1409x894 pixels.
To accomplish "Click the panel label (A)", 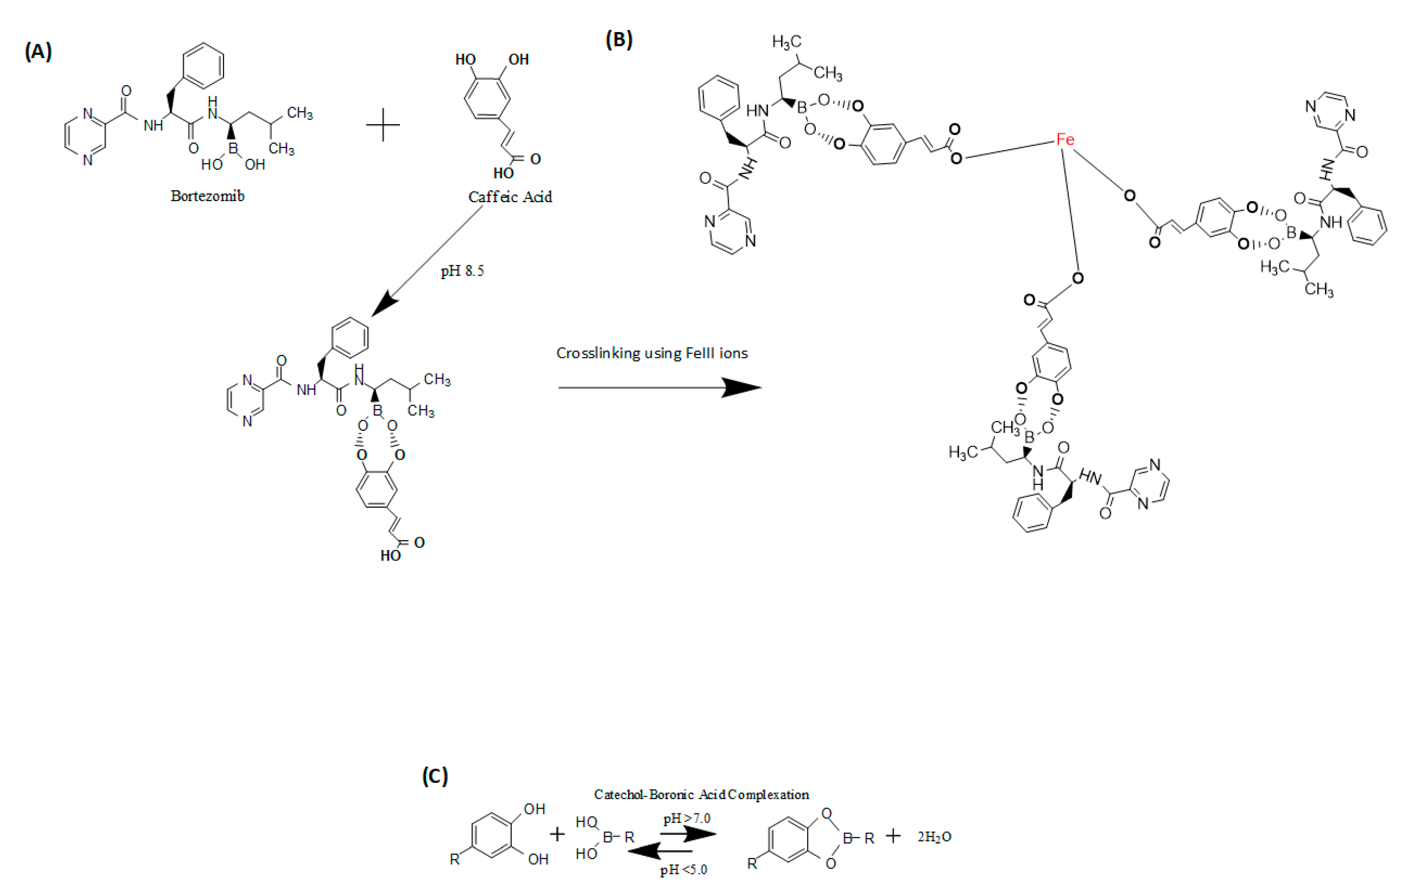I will click(38, 52).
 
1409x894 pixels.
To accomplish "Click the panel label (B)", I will click(619, 40).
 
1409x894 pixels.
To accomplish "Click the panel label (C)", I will click(435, 776).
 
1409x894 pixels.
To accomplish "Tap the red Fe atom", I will click(1065, 139).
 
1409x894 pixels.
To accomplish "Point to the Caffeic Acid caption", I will click(510, 197).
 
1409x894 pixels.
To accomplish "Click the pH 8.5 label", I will click(462, 271).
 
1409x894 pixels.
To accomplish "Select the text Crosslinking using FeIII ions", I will click(652, 353).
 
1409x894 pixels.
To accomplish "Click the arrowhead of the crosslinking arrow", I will click(743, 387).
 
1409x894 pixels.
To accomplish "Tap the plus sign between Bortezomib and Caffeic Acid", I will click(383, 124).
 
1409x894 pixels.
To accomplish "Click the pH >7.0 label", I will click(686, 819).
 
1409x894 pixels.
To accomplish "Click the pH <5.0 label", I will click(683, 870).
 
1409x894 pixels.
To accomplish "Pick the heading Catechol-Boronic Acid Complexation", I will click(701, 794).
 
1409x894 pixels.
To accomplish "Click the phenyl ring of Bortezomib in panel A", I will click(203, 65).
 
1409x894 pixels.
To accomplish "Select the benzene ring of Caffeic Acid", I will click(487, 98).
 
